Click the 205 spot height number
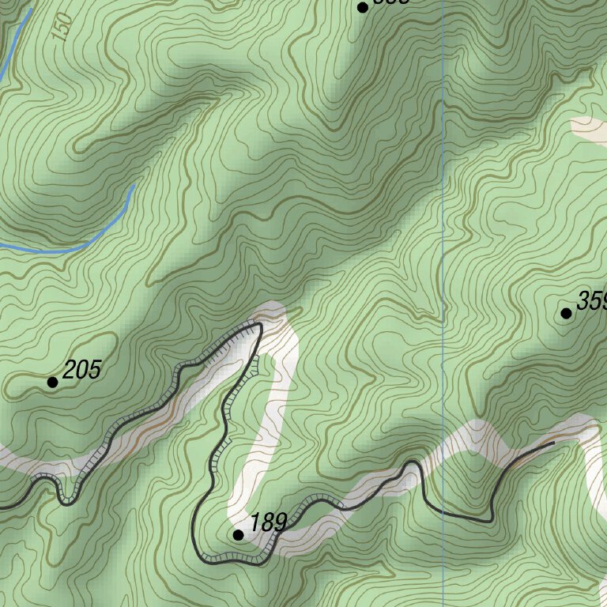82,369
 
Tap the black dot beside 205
53,383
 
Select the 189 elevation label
269,523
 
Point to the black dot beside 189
238,535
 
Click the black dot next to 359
566,314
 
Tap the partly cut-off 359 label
592,301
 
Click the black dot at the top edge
363,8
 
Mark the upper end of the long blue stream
134,187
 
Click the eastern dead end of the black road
553,444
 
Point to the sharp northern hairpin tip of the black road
259,324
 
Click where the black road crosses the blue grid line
443,513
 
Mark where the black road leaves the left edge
2,506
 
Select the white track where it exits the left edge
4,455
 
